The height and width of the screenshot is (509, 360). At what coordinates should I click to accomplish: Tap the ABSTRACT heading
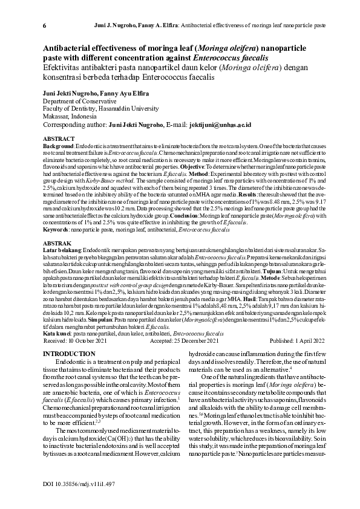[59, 139]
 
